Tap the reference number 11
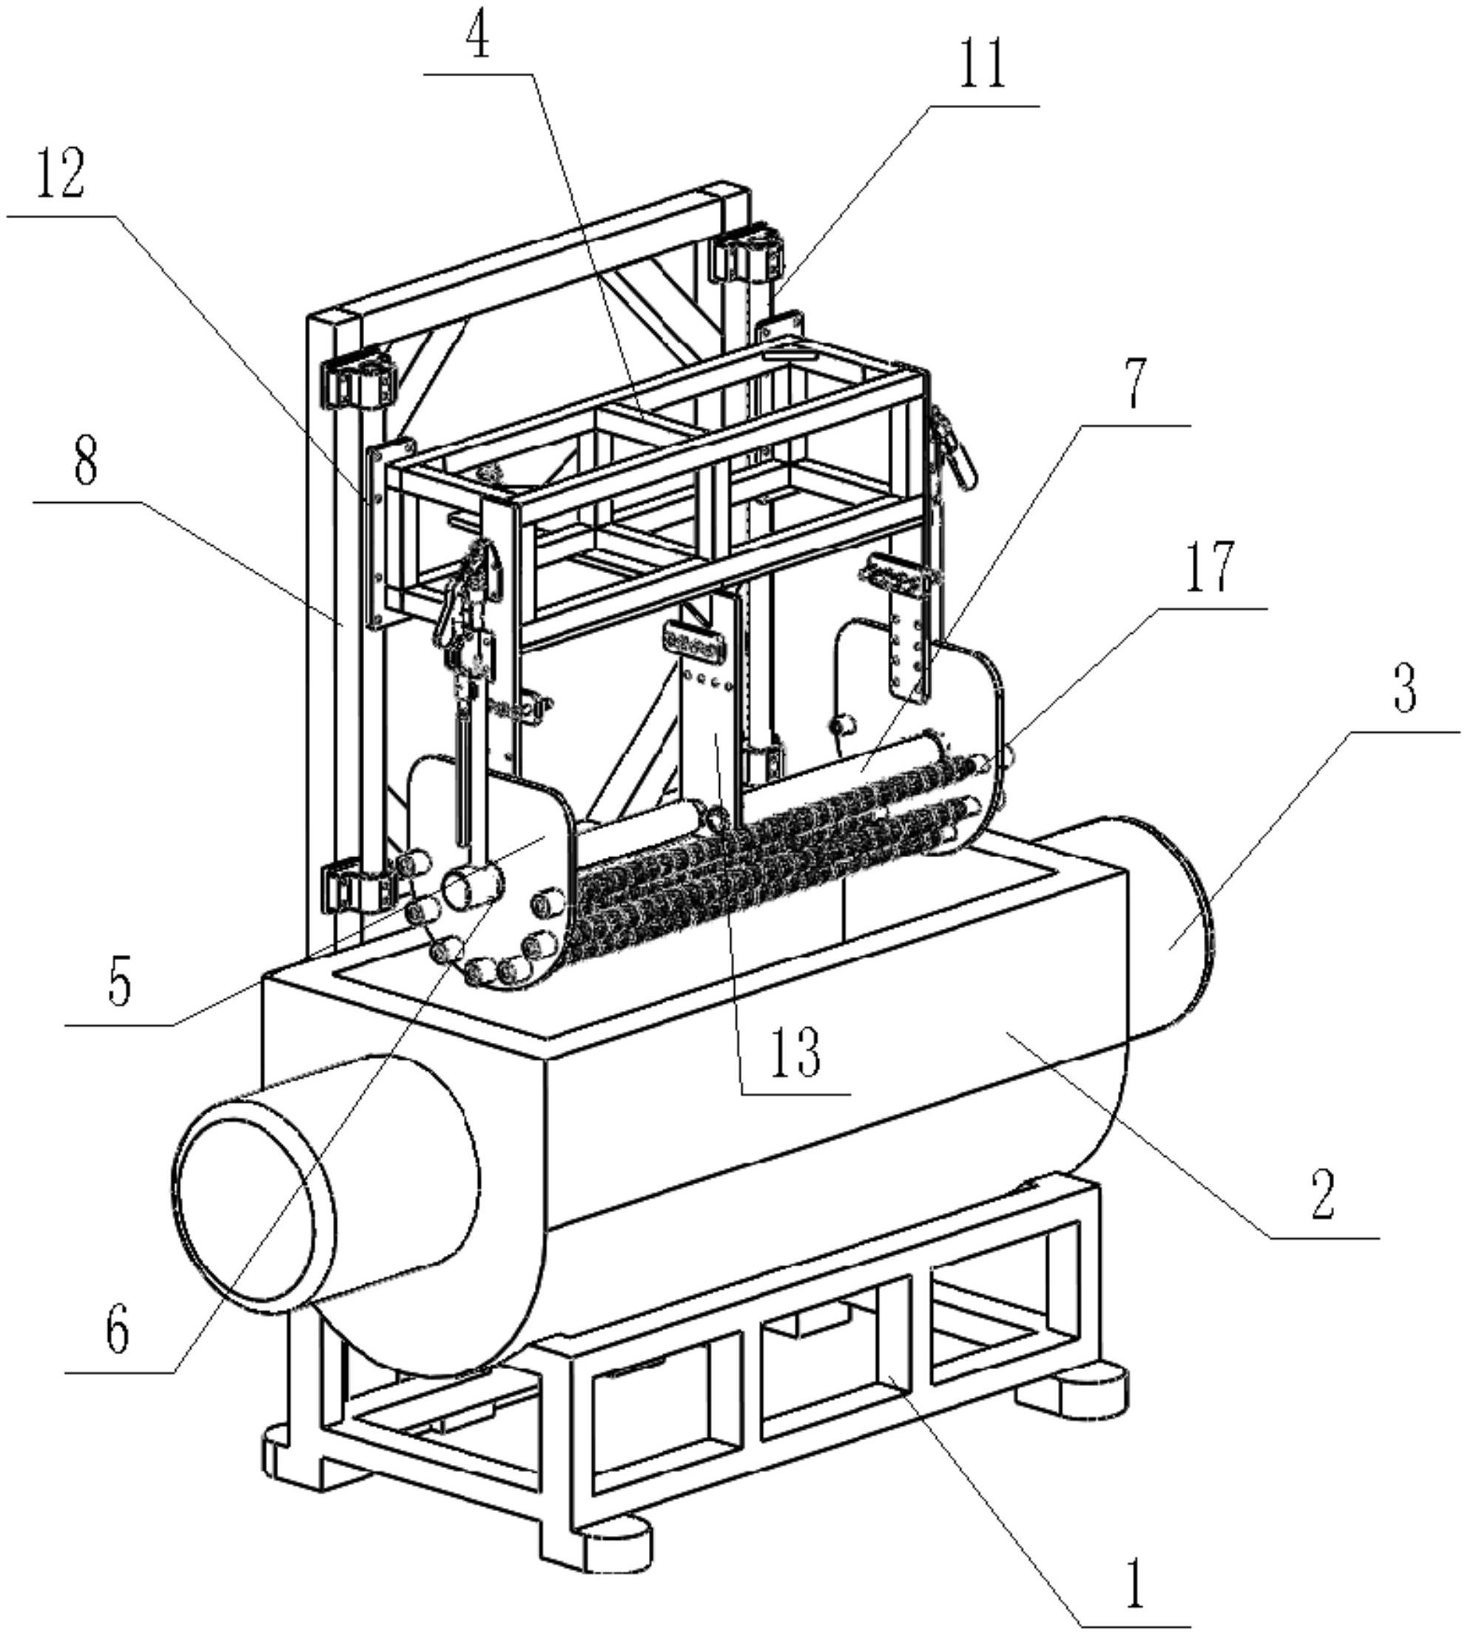pos(982,65)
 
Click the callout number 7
pos(1135,386)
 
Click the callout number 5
pos(118,983)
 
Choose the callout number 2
pos(1323,1193)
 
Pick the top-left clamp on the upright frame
pos(360,378)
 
